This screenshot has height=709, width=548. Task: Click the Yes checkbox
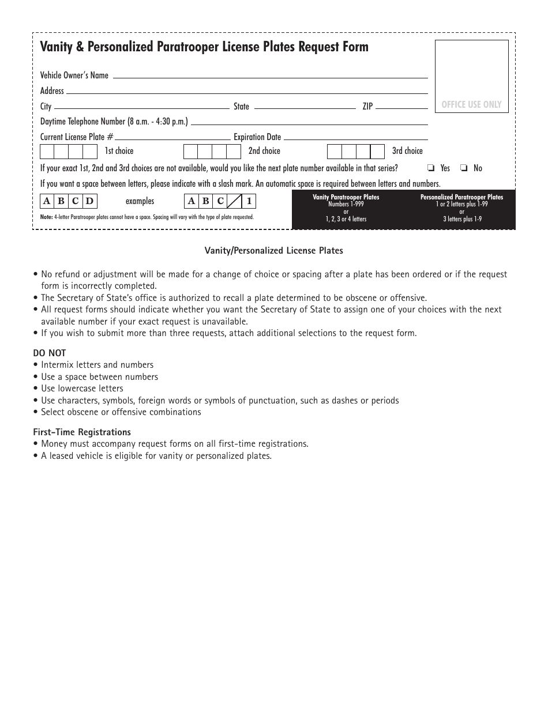click(431, 168)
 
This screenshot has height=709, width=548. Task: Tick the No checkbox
click(464, 168)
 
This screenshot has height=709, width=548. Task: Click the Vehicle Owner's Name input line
click(269, 76)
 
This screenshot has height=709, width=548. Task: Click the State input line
click(305, 107)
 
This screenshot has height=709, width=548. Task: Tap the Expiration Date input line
click(355, 137)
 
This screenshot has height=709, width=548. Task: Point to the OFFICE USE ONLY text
click(471, 105)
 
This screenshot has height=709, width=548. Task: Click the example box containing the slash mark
click(234, 202)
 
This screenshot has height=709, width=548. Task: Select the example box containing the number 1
click(249, 202)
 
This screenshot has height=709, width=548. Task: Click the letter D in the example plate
click(89, 202)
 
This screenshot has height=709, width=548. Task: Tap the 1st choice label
click(119, 151)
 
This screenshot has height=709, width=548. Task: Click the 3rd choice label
click(407, 151)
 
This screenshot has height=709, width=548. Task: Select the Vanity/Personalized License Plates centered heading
click(273, 251)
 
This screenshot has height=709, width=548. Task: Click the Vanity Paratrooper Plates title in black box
click(346, 197)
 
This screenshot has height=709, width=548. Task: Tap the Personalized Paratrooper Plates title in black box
click(461, 197)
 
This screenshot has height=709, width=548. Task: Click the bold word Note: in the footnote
click(46, 217)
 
